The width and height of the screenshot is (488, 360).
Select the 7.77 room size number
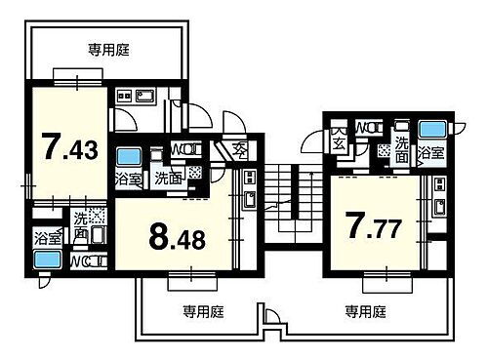click(376, 225)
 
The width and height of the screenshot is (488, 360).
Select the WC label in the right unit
click(368, 127)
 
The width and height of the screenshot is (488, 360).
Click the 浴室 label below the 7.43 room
click(46, 237)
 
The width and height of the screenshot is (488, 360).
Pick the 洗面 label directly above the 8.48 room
click(170, 179)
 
